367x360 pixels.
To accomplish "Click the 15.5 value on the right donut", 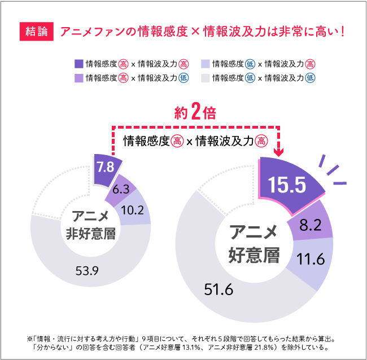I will pos(286,185).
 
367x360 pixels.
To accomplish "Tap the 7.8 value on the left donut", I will pos(105,166).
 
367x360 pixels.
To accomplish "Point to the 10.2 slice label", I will pos(132,210).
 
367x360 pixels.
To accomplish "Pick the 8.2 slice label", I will pos(310,226).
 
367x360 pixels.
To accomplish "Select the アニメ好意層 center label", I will pos(254,244).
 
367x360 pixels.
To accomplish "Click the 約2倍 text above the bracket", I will pos(195,113).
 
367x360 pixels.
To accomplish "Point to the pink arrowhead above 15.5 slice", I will pos(278,151).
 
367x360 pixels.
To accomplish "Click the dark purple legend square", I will pos(79,64).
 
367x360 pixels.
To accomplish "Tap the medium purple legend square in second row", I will pos(79,78).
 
